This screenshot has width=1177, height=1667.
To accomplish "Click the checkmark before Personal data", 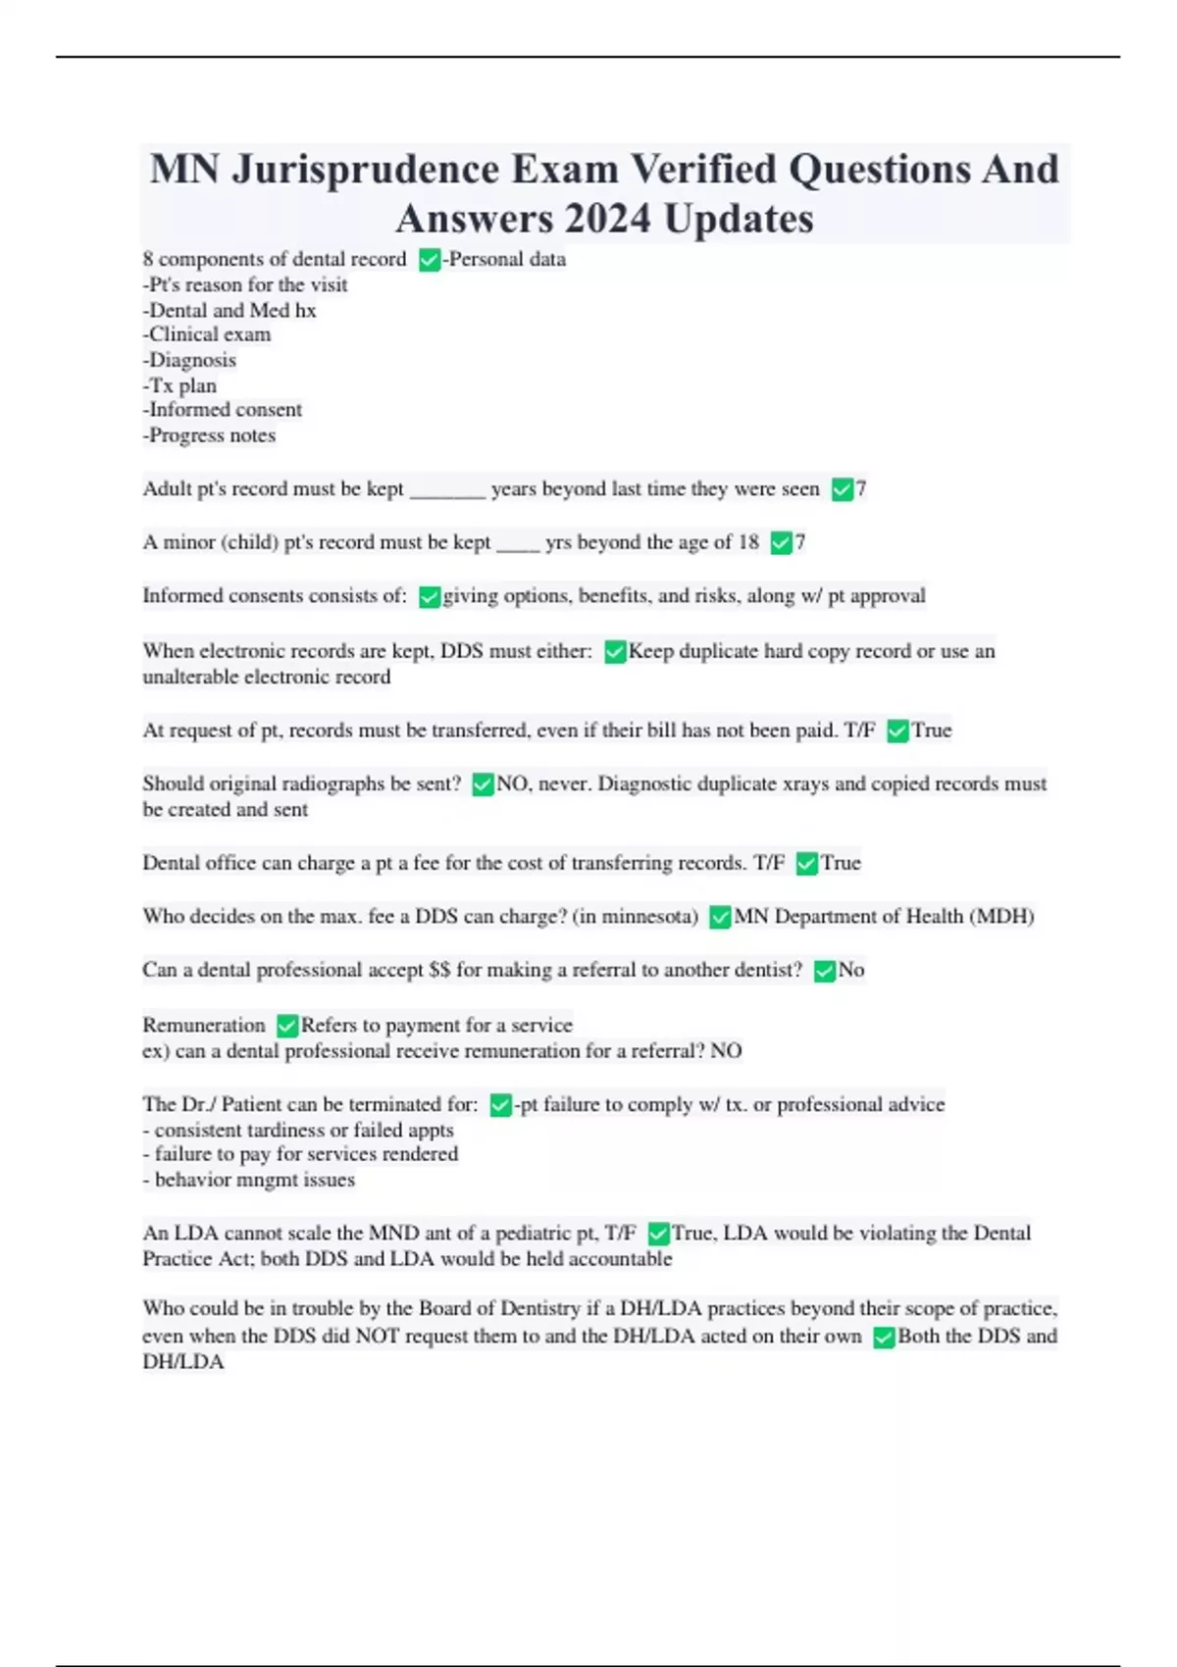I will click(x=429, y=260).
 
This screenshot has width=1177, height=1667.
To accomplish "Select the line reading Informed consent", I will click(x=223, y=410).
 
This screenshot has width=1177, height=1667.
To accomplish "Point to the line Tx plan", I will click(x=179, y=385).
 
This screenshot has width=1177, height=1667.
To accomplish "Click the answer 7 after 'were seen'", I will click(x=861, y=489).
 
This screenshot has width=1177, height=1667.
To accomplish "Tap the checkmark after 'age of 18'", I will click(x=781, y=542).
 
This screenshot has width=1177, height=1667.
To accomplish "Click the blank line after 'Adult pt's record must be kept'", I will click(x=447, y=489).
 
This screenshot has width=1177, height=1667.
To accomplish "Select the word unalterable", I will click(x=188, y=677).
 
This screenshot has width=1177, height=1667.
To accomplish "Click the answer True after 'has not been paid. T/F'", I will click(x=931, y=731).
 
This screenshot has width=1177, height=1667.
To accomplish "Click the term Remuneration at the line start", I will click(x=204, y=1025).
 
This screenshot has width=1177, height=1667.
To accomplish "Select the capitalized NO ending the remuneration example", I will click(x=726, y=1051).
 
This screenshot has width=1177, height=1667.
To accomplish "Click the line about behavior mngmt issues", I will click(x=249, y=1180).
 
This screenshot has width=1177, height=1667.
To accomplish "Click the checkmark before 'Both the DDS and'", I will click(x=884, y=1338).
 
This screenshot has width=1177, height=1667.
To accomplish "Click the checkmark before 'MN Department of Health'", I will click(x=720, y=917).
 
